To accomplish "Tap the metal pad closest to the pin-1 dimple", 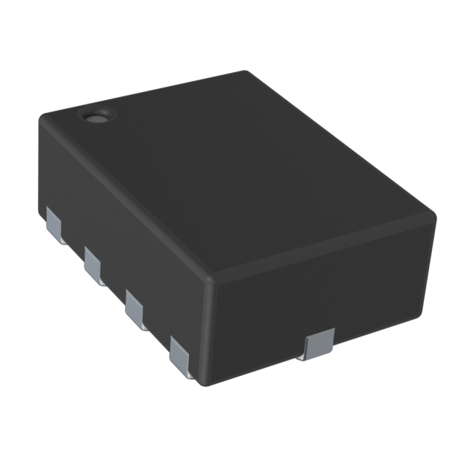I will (55, 223).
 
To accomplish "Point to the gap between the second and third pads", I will (115, 287).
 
